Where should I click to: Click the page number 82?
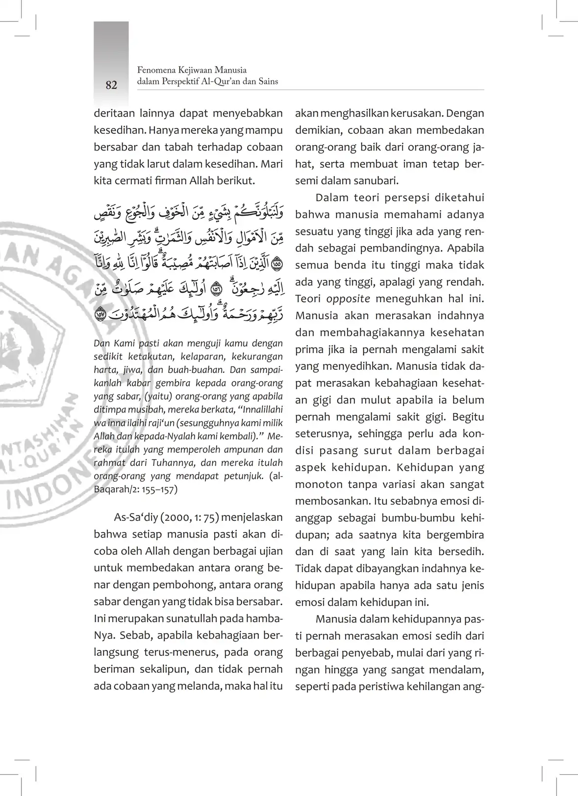111,85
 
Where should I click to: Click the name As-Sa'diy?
133,517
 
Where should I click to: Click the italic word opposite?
348,299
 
